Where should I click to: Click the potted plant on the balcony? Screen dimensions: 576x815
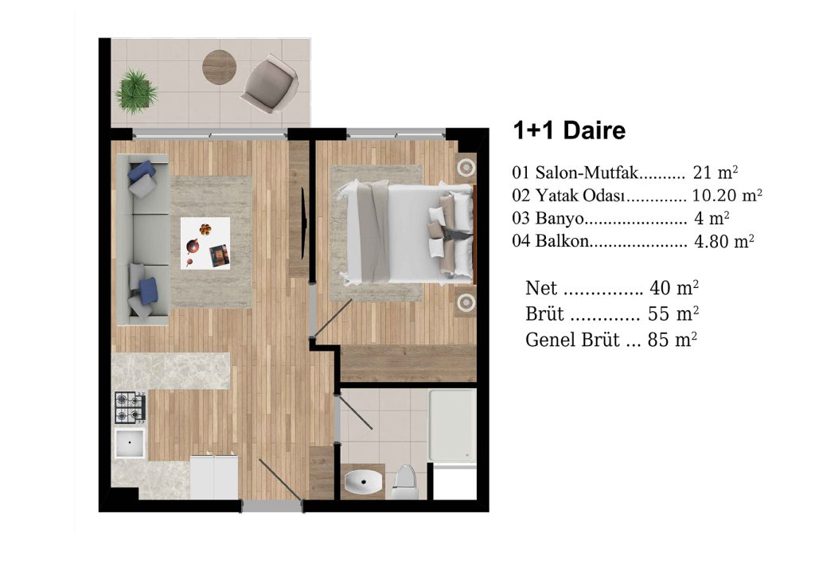pos(135,89)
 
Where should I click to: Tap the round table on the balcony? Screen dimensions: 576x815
pos(219,66)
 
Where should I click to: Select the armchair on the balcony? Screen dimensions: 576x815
pos(268,84)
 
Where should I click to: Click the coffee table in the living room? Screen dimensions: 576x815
pos(205,243)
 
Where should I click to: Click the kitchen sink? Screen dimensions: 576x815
pos(130,442)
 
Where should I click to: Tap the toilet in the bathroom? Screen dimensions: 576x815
pos(404,480)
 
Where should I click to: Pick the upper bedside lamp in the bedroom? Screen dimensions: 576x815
pos(465,167)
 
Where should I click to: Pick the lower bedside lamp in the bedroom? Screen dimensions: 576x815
pos(465,302)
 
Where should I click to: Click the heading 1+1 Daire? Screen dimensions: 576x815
pos(569,131)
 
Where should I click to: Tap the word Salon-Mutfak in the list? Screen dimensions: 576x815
pos(587,172)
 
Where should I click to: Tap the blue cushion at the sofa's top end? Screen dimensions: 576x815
pos(142,170)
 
